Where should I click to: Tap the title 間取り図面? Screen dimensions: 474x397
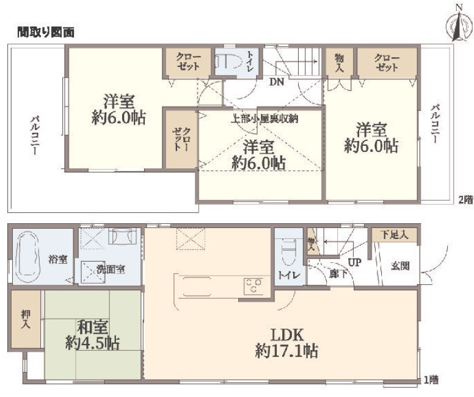46,32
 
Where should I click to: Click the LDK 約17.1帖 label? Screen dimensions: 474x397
286,343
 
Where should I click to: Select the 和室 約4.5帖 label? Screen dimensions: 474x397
93,335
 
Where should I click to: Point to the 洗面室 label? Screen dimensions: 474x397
111,269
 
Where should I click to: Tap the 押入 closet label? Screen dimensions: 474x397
26,320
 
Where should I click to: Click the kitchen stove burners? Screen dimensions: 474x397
253,286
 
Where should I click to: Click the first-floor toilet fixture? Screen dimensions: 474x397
289,252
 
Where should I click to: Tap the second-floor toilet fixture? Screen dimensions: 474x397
228,62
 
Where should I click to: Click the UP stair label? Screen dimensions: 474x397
355,262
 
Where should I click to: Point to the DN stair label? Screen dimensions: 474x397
277,82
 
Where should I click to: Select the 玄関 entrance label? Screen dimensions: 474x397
401,266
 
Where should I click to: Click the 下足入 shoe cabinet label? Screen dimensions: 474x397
394,235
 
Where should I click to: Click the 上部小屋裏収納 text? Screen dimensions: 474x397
264,118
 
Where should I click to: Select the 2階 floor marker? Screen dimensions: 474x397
465,200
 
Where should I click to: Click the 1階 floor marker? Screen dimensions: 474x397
431,379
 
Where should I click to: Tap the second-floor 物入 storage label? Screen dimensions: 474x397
340,62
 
